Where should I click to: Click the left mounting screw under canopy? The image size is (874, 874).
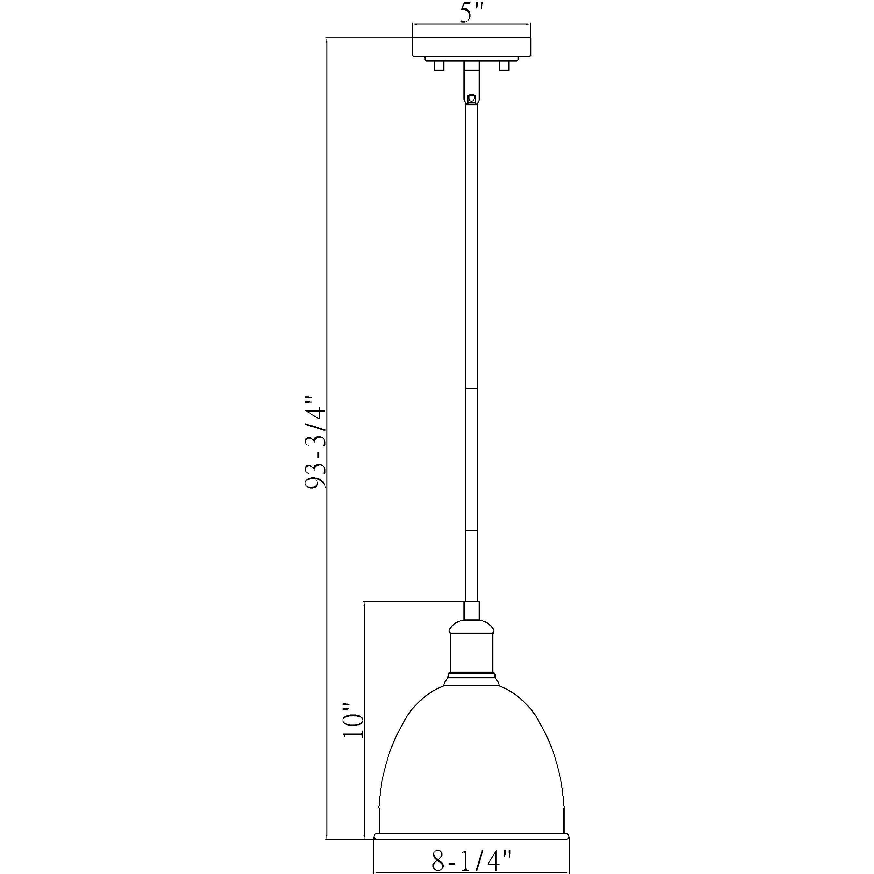click(438, 66)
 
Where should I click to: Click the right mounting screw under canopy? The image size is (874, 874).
click(503, 66)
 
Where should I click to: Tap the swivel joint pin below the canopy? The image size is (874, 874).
click(471, 97)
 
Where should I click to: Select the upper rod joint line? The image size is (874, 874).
click(471, 388)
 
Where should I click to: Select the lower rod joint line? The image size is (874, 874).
click(471, 530)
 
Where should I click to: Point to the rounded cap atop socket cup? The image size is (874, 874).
click(471, 626)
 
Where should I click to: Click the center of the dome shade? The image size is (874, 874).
click(471, 760)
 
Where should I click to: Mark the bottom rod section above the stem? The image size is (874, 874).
click(471, 566)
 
